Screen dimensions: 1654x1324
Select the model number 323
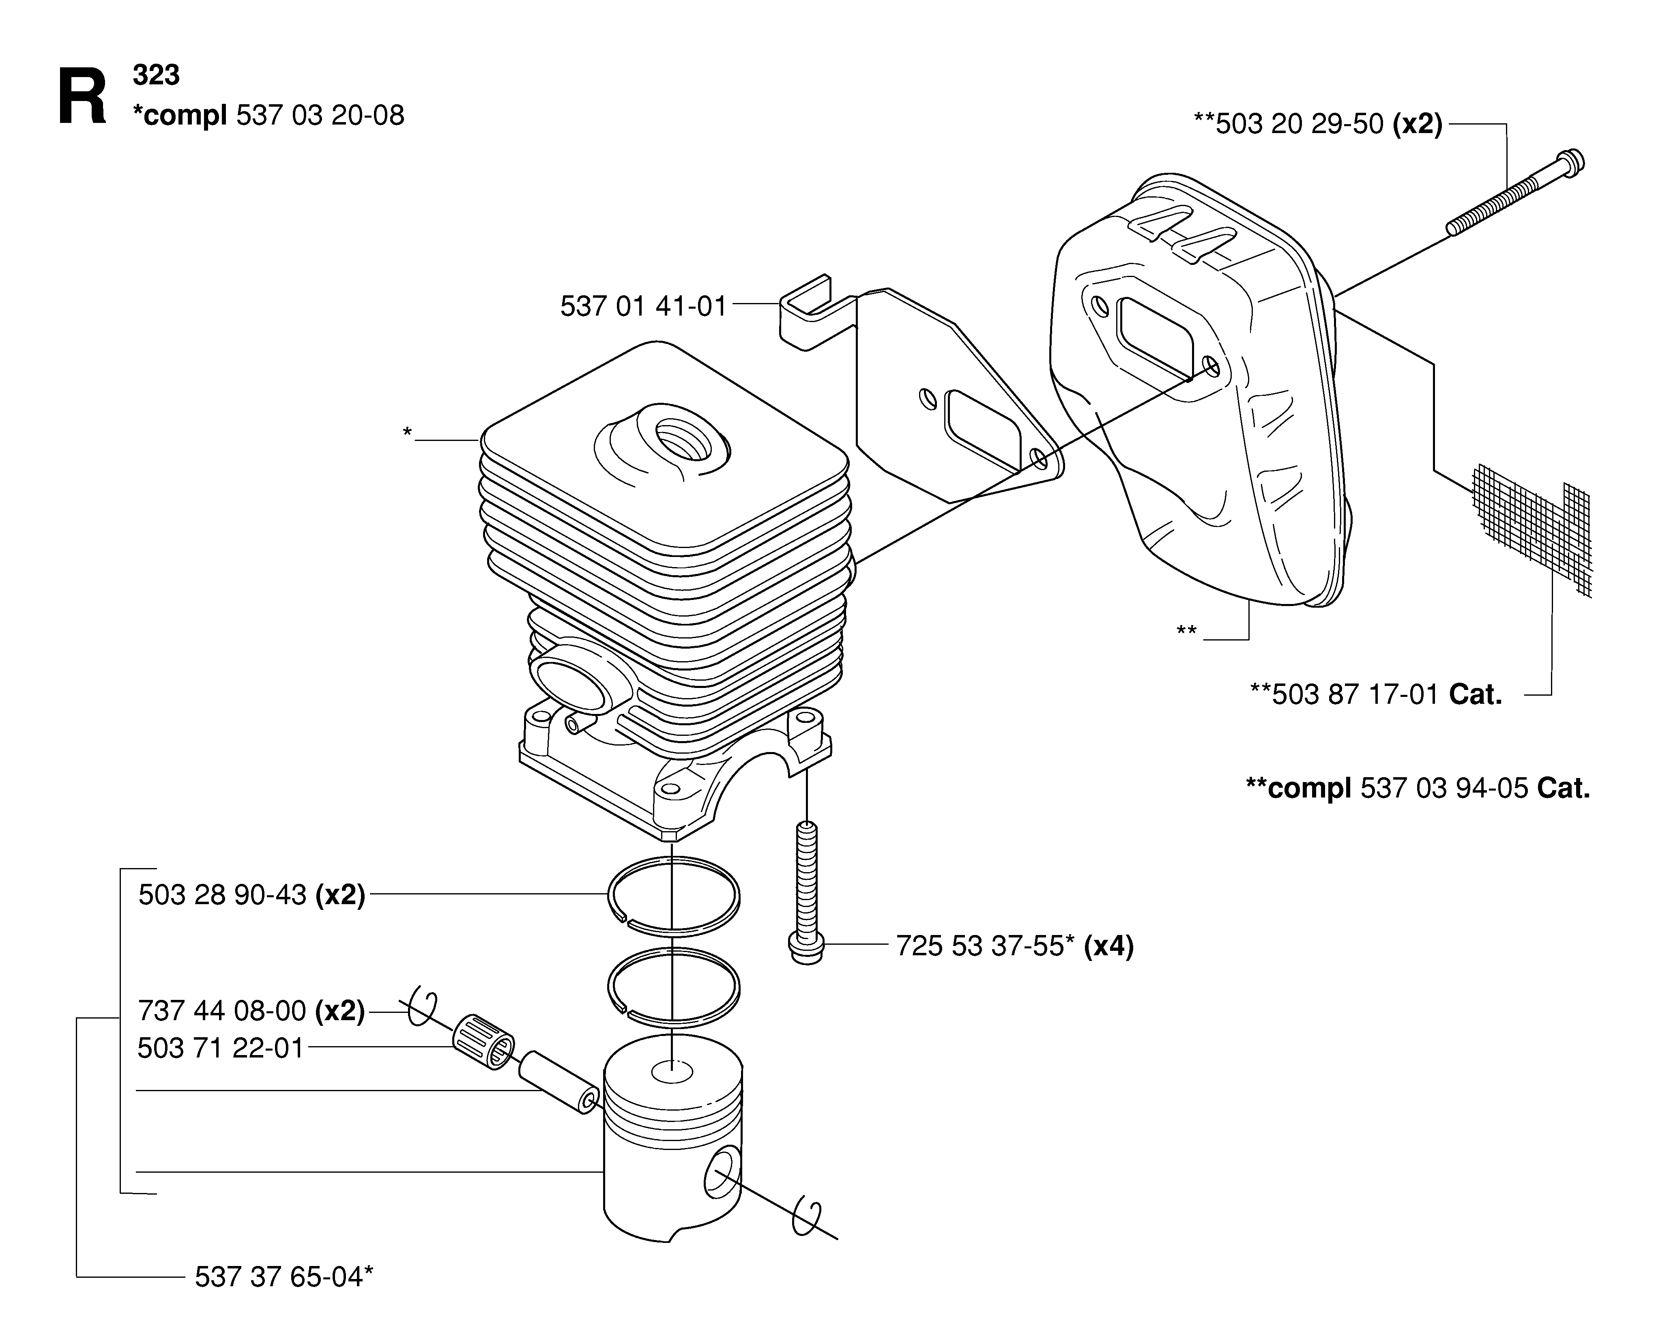[157, 75]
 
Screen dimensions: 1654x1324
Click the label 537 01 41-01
[643, 307]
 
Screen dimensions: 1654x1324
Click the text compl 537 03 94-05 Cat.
[1418, 789]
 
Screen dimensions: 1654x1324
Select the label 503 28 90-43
[223, 894]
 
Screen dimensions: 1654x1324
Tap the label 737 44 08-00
[223, 1011]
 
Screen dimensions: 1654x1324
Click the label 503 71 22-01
[221, 1049]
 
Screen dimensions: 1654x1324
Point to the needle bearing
[483, 1042]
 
